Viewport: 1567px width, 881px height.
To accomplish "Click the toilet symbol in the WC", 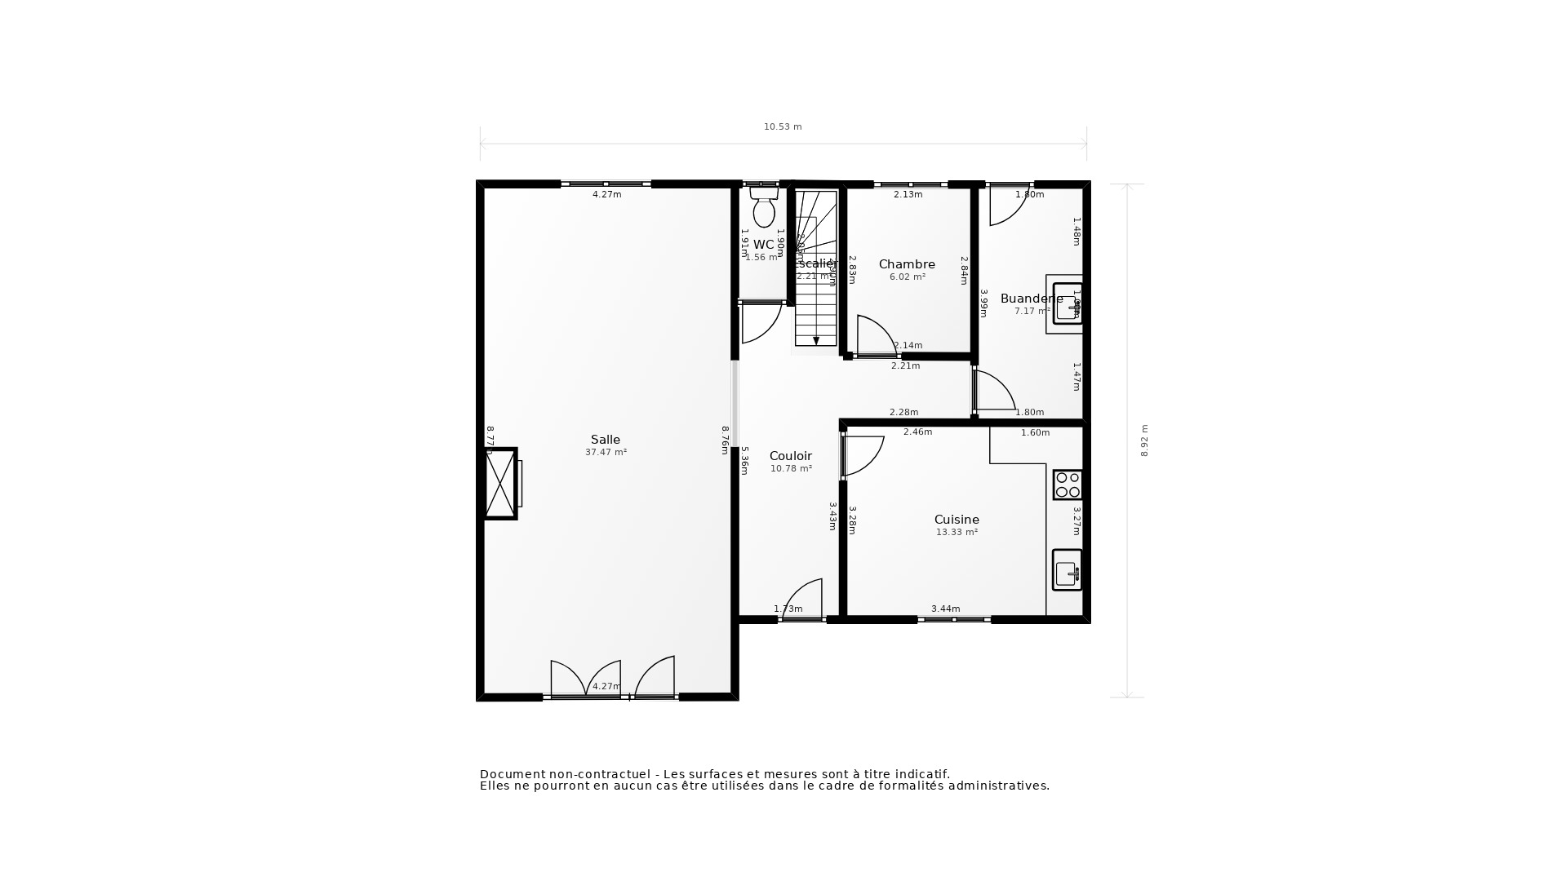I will (764, 209).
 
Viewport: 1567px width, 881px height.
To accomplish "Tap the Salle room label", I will (606, 440).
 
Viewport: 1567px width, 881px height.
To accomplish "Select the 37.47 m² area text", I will (606, 452).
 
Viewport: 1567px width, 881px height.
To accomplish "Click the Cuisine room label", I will (957, 520).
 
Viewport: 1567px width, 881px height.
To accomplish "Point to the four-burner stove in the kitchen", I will (1067, 485).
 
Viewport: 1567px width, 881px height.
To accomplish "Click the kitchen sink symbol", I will (1067, 570).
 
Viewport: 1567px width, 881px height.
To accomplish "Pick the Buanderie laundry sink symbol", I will (1067, 303).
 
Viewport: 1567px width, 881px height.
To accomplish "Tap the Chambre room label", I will (907, 264).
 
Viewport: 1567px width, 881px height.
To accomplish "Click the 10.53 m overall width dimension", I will (783, 126).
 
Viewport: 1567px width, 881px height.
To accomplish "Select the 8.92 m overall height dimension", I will (1144, 440).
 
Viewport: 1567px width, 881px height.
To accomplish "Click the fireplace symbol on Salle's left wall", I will (500, 484).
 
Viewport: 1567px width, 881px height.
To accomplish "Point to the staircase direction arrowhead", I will (816, 341).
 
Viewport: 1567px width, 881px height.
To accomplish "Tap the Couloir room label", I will (790, 456).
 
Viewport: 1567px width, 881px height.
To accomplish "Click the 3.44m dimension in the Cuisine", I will (945, 609).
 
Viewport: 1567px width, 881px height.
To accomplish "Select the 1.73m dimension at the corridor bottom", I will (788, 609).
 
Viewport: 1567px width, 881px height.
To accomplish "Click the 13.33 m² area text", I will (957, 532).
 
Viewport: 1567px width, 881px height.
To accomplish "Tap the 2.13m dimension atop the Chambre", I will (908, 194).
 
